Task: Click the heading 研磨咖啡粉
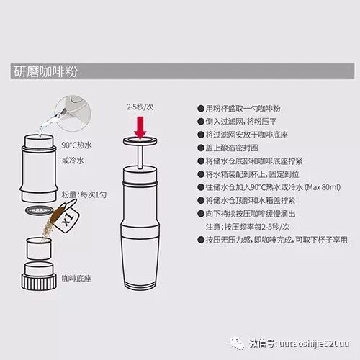[x=45, y=71]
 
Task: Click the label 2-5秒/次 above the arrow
[x=140, y=107]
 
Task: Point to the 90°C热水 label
[x=76, y=145]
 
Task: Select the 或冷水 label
[x=73, y=161]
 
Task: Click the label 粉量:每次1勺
[x=84, y=194]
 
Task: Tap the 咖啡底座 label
[x=76, y=279]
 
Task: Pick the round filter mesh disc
[x=39, y=211]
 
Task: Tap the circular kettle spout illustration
[x=73, y=114]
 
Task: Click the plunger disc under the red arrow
[x=140, y=141]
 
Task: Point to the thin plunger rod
[x=140, y=157]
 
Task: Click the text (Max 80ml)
[x=323, y=187]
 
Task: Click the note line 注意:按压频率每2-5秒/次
[x=248, y=227]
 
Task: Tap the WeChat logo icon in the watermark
[x=237, y=343]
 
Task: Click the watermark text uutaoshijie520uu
[x=315, y=343]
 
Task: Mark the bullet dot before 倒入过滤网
[x=201, y=122]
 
